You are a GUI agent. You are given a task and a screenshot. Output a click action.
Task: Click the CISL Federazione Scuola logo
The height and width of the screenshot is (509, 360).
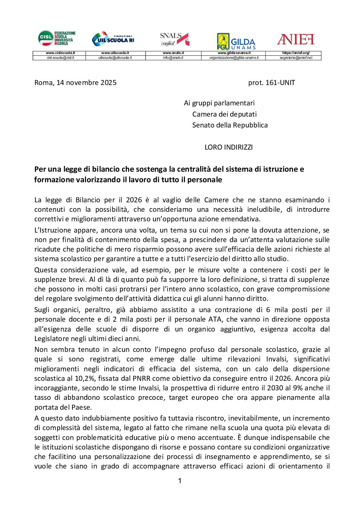click(x=56, y=38)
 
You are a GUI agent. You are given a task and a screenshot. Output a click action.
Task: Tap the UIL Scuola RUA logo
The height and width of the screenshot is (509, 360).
click(x=113, y=39)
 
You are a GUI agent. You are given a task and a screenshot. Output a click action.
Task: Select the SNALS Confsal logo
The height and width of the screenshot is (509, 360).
click(x=174, y=39)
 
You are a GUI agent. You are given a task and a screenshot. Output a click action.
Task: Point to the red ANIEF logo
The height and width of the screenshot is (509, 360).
click(x=295, y=39)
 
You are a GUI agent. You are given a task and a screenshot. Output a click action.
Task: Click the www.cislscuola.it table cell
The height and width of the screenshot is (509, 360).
click(x=60, y=53)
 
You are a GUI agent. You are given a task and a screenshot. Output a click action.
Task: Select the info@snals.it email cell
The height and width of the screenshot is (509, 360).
click(x=173, y=58)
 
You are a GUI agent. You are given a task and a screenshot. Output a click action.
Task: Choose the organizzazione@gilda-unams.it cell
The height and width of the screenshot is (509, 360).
click(x=234, y=58)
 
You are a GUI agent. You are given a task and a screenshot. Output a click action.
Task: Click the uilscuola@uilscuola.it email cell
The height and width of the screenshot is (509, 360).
click(x=115, y=58)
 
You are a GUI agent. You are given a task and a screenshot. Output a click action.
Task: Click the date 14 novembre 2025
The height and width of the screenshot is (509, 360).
click(x=86, y=83)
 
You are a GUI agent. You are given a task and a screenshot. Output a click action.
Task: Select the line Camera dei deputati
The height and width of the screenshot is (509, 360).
click(x=224, y=114)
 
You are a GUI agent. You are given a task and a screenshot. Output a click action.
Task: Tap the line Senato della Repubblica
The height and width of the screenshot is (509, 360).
click(x=230, y=125)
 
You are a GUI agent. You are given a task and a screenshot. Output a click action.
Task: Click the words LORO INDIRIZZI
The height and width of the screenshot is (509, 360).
click(x=228, y=147)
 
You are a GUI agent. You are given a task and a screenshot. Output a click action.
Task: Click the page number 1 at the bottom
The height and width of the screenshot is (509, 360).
click(x=180, y=480)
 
